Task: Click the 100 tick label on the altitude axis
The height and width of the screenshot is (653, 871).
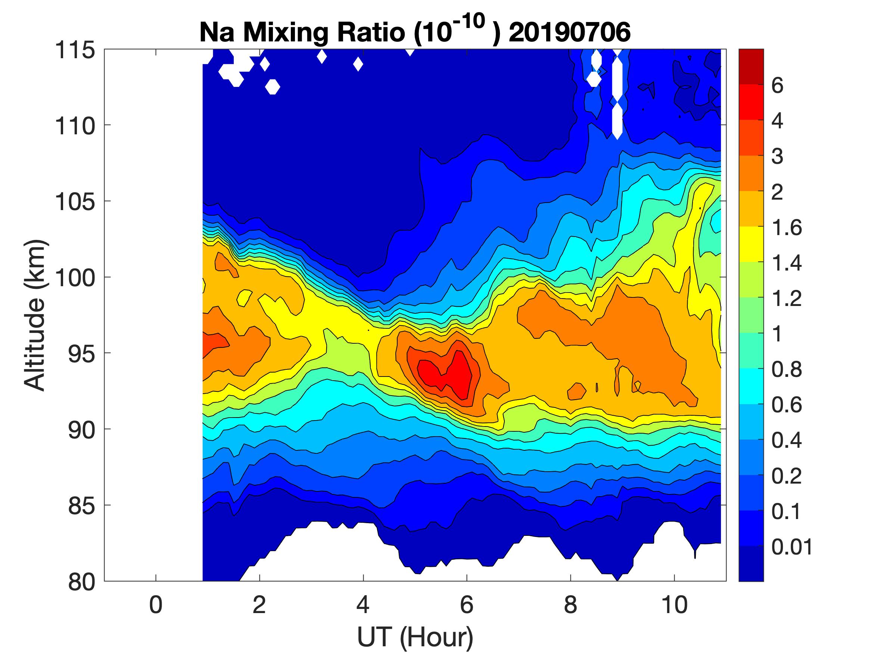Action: click(75, 278)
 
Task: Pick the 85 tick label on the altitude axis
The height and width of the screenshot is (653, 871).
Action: click(82, 506)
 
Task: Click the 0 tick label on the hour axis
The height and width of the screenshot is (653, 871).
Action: click(156, 604)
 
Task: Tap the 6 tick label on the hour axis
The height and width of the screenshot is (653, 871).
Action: click(467, 604)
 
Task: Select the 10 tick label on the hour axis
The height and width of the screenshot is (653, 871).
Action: click(675, 604)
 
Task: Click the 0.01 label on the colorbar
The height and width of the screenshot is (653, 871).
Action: click(792, 547)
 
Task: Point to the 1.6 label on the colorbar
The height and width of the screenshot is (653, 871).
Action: click(786, 228)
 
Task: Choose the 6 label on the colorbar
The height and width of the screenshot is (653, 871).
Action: click(777, 85)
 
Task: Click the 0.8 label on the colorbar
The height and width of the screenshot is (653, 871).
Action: click(786, 370)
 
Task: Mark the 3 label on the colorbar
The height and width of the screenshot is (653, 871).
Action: click(777, 156)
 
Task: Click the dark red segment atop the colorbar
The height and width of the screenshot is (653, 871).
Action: click(751, 66)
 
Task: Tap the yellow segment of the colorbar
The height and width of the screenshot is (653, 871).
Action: click(751, 244)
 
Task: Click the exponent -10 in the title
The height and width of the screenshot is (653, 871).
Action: click(470, 21)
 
